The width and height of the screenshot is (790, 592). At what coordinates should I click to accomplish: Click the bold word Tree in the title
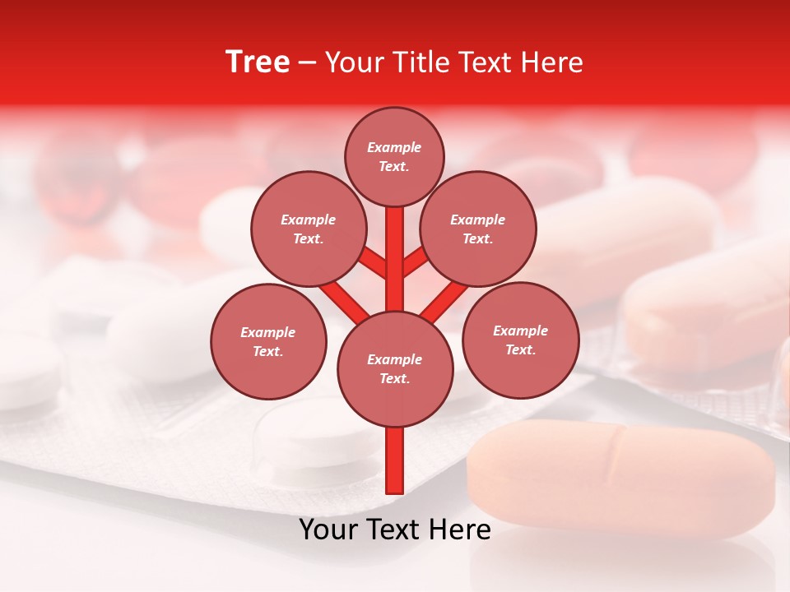pyautogui.click(x=258, y=62)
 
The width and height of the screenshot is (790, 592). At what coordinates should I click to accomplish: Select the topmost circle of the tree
pyautogui.click(x=394, y=156)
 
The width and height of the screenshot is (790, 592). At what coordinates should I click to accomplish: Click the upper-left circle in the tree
pyautogui.click(x=309, y=229)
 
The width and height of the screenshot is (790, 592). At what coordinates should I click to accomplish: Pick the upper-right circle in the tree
pyautogui.click(x=478, y=229)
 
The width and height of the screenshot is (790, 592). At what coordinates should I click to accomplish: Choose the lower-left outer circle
pyautogui.click(x=268, y=341)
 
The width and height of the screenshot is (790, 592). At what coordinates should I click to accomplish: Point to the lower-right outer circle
pyautogui.click(x=521, y=340)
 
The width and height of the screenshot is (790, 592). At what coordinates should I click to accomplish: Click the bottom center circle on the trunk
pyautogui.click(x=395, y=368)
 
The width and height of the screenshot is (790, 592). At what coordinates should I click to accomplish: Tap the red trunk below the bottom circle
pyautogui.click(x=395, y=460)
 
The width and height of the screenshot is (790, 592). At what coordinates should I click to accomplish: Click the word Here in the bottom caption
pyautogui.click(x=461, y=530)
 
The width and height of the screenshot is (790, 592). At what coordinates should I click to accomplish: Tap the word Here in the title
pyautogui.click(x=555, y=62)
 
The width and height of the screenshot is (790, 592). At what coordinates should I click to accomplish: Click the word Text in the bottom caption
pyautogui.click(x=396, y=530)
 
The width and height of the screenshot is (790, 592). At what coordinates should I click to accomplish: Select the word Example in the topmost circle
pyautogui.click(x=394, y=148)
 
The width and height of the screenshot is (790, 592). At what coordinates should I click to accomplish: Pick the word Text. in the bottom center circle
pyautogui.click(x=395, y=379)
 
